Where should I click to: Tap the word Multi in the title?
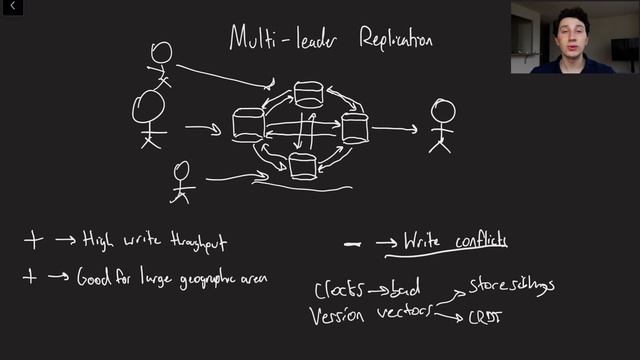(x=252, y=38)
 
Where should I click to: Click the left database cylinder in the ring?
(x=248, y=125)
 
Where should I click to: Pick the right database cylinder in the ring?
(x=355, y=128)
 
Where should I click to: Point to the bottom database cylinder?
(x=303, y=167)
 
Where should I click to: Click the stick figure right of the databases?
(x=441, y=126)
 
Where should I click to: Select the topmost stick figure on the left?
(x=161, y=62)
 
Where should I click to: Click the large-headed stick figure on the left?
(x=149, y=116)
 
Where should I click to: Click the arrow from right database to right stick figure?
(x=394, y=128)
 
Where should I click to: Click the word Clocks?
(x=336, y=291)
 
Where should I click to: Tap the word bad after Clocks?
(x=406, y=291)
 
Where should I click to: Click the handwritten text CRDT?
(x=487, y=319)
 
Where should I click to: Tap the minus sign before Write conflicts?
(x=352, y=242)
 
